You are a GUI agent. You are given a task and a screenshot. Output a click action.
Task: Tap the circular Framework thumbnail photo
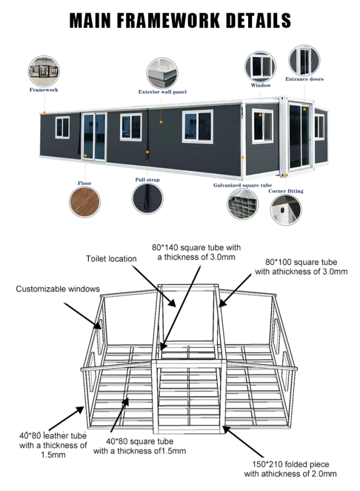pyautogui.click(x=44, y=70)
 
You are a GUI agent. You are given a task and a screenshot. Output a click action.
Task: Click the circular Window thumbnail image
pyautogui.click(x=260, y=66)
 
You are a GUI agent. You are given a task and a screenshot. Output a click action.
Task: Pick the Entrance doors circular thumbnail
pyautogui.click(x=304, y=61)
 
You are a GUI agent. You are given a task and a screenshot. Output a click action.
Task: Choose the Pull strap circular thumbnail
pyautogui.click(x=147, y=199)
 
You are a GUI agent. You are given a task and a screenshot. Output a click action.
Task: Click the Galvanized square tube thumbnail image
pyautogui.click(x=242, y=204)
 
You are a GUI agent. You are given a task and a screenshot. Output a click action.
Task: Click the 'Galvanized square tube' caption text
pyautogui.click(x=242, y=185)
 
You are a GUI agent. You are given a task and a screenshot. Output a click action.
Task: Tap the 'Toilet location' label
pyautogui.click(x=111, y=258)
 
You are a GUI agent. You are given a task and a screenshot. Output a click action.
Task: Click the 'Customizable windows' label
pyautogui.click(x=58, y=288)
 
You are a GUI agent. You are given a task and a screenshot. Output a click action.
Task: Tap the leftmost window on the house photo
pyautogui.click(x=62, y=127)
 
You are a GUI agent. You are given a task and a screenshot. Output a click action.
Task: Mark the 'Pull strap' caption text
pyautogui.click(x=147, y=180)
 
